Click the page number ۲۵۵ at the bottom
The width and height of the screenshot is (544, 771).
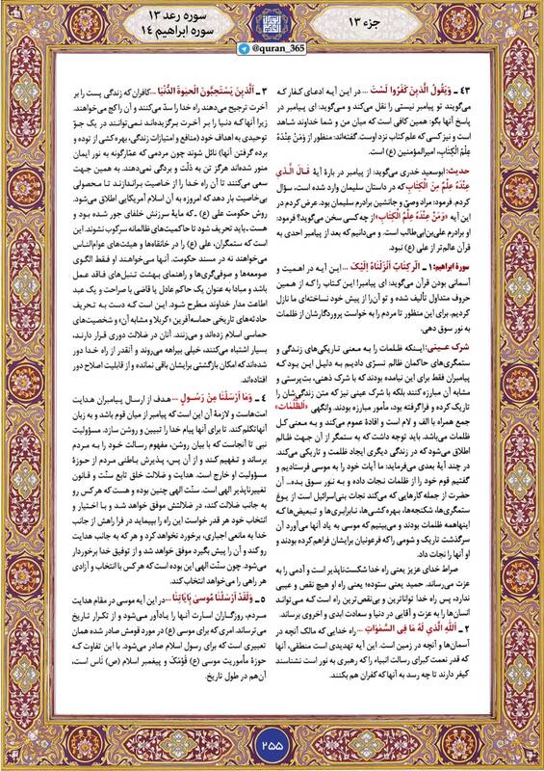pyautogui.click(x=272, y=743)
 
